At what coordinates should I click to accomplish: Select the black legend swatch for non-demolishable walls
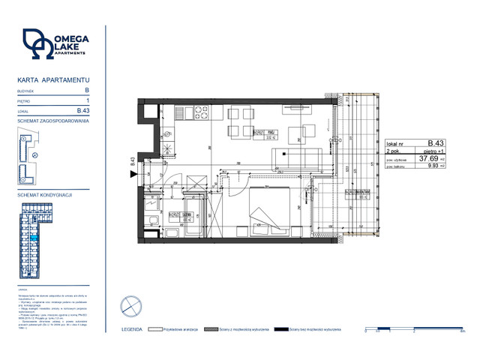point(280,328)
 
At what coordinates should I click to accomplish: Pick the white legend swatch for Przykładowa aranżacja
point(156,328)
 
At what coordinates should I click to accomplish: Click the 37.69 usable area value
point(427,159)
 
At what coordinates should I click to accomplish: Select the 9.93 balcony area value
point(429,166)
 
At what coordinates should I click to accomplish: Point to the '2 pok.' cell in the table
point(393,151)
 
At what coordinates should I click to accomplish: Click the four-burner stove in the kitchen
point(201,113)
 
